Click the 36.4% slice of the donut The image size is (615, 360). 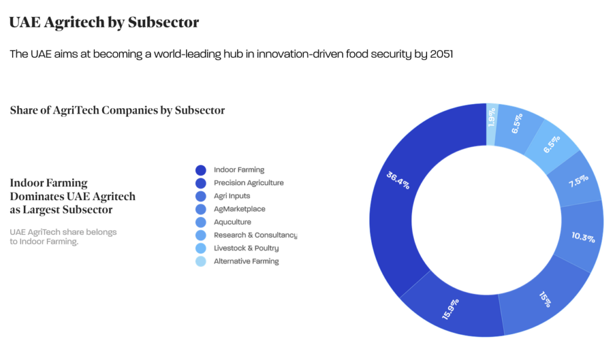click(x=396, y=180)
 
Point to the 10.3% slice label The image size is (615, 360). click(x=583, y=237)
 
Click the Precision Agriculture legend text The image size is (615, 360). click(x=249, y=183)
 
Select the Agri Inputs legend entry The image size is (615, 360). click(x=232, y=196)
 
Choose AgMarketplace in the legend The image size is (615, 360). click(x=240, y=209)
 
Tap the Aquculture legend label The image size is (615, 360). click(x=232, y=222)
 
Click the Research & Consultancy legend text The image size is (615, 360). click(x=255, y=235)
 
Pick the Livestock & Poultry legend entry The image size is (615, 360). click(x=246, y=248)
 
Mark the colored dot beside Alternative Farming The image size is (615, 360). click(x=201, y=261)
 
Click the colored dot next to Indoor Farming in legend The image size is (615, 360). click(x=201, y=170)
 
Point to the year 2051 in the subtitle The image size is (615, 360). click(x=441, y=54)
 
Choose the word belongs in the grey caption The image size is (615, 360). click(x=103, y=231)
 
